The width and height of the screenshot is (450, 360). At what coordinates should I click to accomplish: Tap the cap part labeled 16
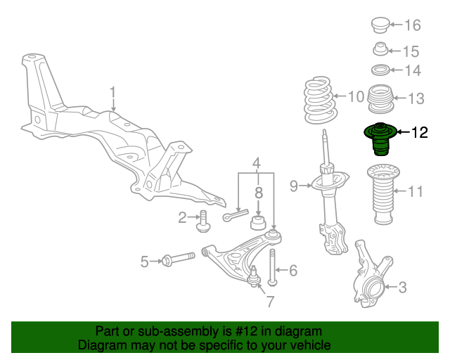tap(380, 25)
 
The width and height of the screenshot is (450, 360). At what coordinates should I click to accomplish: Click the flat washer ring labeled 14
tap(380, 70)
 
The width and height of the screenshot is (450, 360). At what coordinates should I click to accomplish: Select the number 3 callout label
tap(402, 287)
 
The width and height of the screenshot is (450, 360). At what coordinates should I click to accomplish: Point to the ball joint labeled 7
tap(255, 280)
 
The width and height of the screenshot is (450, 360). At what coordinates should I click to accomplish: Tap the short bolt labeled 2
tap(202, 220)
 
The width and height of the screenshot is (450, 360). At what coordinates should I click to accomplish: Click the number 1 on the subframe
tap(111, 92)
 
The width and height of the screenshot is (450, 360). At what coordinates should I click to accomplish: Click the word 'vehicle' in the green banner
tap(308, 346)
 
